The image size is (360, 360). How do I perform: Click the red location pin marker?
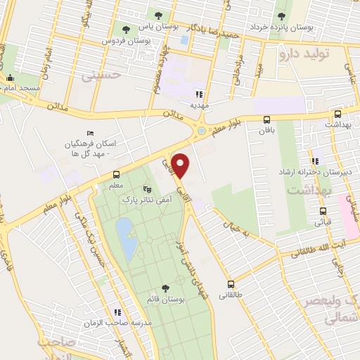[x=181, y=165]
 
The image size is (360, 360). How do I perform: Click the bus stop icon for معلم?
[x=117, y=174]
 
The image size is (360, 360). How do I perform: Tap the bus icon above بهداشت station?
[x=337, y=113]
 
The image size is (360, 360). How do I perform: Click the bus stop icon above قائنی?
[x=323, y=210]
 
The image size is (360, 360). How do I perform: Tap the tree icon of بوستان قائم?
[x=165, y=288]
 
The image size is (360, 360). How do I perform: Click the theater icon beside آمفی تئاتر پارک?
[x=147, y=188]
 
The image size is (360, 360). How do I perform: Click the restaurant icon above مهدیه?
[x=200, y=94]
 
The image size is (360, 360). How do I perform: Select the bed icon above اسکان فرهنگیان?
[x=89, y=134]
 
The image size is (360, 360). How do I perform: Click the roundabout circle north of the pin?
[x=202, y=131]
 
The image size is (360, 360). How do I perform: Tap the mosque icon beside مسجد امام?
[x=10, y=79]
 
